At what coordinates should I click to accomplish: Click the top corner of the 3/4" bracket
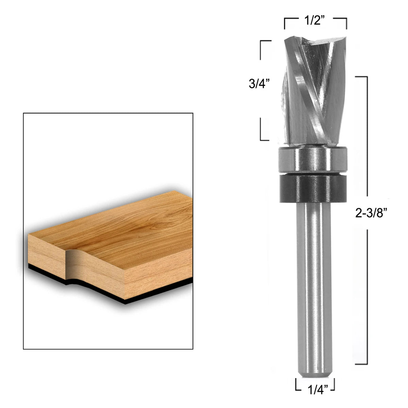(x=261, y=41)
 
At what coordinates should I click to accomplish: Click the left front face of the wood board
(x=46, y=258)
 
